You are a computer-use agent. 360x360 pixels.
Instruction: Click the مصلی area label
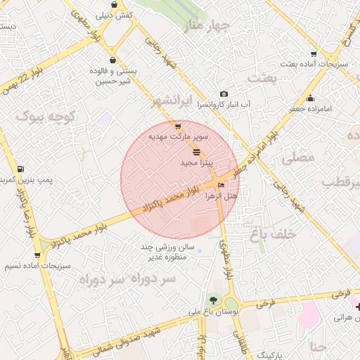[x=298, y=158]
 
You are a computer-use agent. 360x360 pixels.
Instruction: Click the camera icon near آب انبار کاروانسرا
[x=224, y=94]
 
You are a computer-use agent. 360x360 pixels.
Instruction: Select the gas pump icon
[x=20, y=169]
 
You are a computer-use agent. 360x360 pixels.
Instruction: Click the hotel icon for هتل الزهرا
[x=222, y=186]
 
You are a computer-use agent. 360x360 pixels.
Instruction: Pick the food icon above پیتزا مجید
[x=195, y=152]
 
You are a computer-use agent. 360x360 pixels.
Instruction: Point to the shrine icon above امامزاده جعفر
[x=310, y=98]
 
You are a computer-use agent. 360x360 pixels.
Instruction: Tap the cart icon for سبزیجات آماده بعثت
[x=313, y=53]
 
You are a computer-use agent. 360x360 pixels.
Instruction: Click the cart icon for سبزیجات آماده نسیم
[x=37, y=255]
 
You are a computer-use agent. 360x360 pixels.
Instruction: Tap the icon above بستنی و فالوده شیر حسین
[x=114, y=60]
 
